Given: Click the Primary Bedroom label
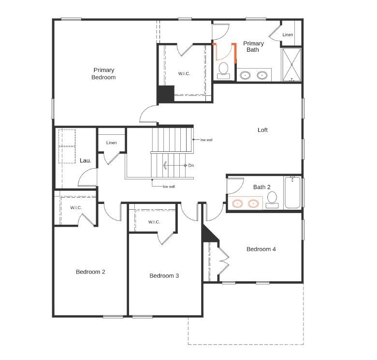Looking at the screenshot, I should click(x=104, y=73).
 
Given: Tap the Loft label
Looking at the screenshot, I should click(x=262, y=130).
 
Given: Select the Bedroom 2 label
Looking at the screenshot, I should click(x=90, y=272).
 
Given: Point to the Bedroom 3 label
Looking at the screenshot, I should click(x=164, y=276).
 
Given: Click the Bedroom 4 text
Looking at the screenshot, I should click(x=261, y=249).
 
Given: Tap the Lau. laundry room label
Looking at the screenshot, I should click(x=86, y=160).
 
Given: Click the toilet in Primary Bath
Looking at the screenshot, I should click(x=223, y=70).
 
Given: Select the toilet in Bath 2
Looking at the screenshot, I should click(x=272, y=200).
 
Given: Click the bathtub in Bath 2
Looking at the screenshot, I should click(x=292, y=193).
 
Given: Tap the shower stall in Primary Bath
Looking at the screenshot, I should click(x=291, y=64).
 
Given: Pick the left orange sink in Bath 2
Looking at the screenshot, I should click(x=237, y=203).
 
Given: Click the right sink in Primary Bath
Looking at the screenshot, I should click(x=262, y=75).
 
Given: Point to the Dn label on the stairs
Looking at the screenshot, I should click(x=191, y=166).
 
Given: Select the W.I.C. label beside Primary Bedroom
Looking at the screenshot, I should click(x=184, y=74).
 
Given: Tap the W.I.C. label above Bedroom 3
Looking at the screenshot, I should click(x=154, y=222).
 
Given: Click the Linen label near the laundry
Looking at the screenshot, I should click(x=112, y=143).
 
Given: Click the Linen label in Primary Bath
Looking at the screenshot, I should click(x=288, y=35).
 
